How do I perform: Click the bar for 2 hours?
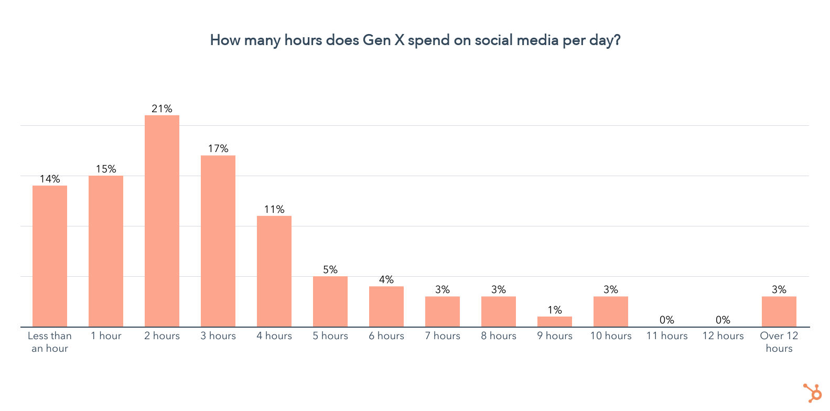[162, 221]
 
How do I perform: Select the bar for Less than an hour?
[50, 256]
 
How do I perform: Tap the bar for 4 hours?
[274, 272]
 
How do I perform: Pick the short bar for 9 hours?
[555, 322]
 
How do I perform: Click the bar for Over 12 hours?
[779, 312]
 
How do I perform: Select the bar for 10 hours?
[611, 312]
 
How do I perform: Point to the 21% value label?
[162, 109]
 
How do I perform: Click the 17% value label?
[218, 149]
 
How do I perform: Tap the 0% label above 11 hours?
[667, 320]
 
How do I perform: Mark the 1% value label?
[555, 310]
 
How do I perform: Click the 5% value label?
[330, 269]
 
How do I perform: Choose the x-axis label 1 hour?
[106, 336]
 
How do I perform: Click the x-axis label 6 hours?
[386, 336]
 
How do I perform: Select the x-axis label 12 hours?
[723, 336]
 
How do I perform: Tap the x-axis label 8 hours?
[499, 336]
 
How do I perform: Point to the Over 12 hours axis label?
[779, 342]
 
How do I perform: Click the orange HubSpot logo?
[812, 393]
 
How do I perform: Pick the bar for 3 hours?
[218, 241]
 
